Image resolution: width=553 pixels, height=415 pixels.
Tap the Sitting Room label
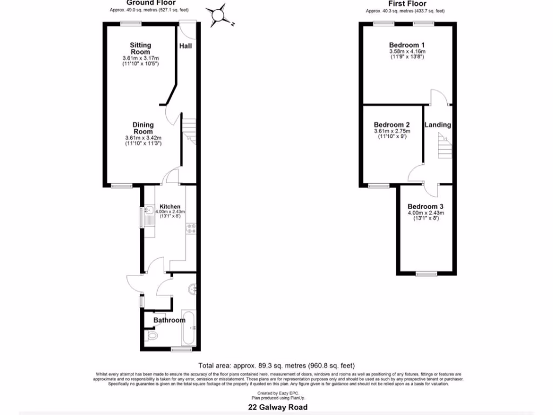(140, 48)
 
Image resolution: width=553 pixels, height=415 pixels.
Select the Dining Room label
(143, 128)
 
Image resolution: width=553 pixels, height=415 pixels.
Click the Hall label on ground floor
(186, 46)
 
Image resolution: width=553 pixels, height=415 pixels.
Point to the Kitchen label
(170, 207)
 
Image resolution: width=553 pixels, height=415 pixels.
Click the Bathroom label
(169, 320)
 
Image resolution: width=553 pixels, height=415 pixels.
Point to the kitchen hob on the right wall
(191, 229)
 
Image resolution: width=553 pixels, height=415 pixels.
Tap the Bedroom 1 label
(407, 45)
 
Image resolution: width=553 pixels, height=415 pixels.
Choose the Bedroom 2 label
(392, 124)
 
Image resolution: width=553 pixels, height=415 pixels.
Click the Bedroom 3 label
(426, 206)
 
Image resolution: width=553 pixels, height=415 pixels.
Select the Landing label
(437, 125)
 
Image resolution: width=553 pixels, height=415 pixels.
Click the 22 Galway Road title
(276, 407)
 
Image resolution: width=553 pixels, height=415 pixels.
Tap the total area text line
(276, 366)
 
